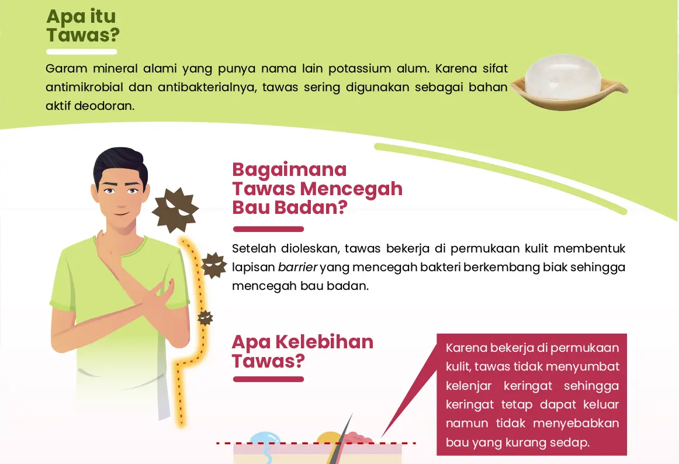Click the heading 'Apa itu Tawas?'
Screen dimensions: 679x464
point(83,26)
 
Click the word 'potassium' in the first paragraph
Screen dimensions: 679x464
point(359,68)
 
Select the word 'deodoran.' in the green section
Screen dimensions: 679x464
point(105,106)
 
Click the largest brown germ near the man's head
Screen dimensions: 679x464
point(175,210)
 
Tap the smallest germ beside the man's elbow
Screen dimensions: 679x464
point(205,318)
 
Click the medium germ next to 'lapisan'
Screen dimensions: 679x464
point(214,265)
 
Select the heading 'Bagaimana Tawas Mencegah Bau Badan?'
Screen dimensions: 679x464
point(317,188)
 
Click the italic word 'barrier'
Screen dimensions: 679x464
point(297,267)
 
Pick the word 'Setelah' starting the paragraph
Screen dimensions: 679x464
point(254,248)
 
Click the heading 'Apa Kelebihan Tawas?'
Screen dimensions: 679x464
point(302,351)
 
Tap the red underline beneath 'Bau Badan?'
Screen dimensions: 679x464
point(268,229)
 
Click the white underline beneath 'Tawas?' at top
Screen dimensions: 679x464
point(82,52)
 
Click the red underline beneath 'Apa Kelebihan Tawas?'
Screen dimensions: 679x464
point(268,379)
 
